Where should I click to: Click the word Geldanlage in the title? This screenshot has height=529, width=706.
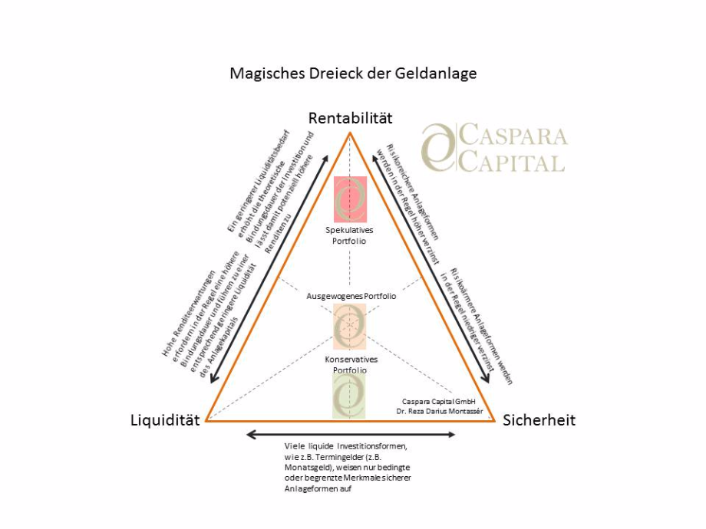tap(437, 74)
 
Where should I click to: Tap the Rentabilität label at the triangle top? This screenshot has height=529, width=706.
tap(351, 117)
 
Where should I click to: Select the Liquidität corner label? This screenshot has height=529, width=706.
tap(165, 419)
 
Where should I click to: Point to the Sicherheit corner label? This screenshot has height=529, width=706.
tap(539, 419)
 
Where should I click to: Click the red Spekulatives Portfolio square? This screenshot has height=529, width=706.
tap(350, 198)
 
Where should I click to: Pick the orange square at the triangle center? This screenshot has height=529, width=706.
tap(350, 327)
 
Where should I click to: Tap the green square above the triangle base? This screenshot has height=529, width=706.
tap(349, 396)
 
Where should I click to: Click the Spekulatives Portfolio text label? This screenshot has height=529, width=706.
tap(350, 235)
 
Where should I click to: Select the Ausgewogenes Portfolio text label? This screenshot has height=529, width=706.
tap(351, 296)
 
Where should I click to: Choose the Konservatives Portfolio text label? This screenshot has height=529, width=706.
tap(350, 364)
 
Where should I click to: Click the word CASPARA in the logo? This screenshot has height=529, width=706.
tap(513, 136)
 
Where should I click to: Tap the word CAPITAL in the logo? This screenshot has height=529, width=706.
tap(512, 162)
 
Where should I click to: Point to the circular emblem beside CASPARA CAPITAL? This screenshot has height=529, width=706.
tap(438, 146)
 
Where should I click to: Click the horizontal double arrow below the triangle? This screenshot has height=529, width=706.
tap(351, 435)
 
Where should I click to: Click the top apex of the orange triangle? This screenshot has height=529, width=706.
tap(351, 133)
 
